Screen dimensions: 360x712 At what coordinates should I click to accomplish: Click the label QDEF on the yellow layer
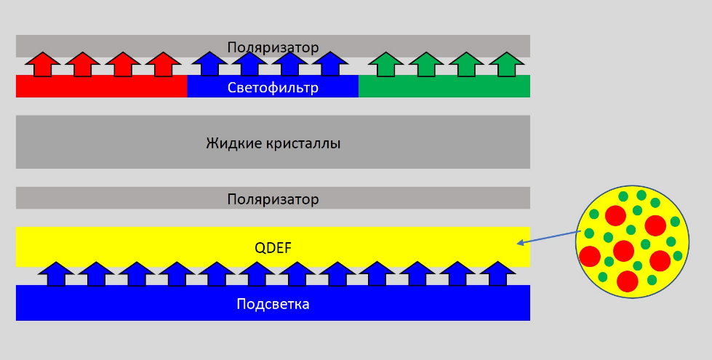pyautogui.click(x=273, y=248)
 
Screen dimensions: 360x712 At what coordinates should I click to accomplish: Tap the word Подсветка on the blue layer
pyautogui.click(x=273, y=304)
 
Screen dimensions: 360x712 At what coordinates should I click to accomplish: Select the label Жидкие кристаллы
pyautogui.click(x=273, y=143)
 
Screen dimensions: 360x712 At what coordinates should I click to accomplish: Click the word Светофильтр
pyautogui.click(x=273, y=88)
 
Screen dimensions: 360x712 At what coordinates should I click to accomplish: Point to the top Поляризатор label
pyautogui.click(x=273, y=48)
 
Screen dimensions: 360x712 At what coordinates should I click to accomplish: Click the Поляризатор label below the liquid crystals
pyautogui.click(x=273, y=199)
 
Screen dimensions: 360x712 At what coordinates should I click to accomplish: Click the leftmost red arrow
pyautogui.click(x=44, y=64)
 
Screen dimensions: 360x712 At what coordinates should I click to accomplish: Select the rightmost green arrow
pyautogui.click(x=504, y=64)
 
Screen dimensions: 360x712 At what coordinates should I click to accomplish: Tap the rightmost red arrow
pyautogui.click(x=163, y=64)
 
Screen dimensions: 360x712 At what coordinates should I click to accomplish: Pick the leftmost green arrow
pyautogui.click(x=386, y=64)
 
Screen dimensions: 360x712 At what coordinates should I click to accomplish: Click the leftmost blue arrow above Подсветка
pyautogui.click(x=55, y=273)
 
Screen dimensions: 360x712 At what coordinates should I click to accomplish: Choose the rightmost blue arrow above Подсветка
pyautogui.click(x=497, y=273)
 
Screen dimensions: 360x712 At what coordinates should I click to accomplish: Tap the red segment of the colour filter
pyautogui.click(x=101, y=87)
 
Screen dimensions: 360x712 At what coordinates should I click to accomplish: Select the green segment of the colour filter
pyautogui.click(x=444, y=87)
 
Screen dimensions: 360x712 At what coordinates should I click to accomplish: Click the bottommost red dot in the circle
pyautogui.click(x=627, y=281)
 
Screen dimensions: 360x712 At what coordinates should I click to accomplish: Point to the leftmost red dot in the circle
pyautogui.click(x=590, y=256)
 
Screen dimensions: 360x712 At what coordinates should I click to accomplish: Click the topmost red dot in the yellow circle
pyautogui.click(x=615, y=215)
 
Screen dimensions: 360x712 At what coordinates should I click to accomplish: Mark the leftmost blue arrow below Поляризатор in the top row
pyautogui.click(x=209, y=64)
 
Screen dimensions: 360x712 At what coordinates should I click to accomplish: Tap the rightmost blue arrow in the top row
pyautogui.click(x=331, y=64)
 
